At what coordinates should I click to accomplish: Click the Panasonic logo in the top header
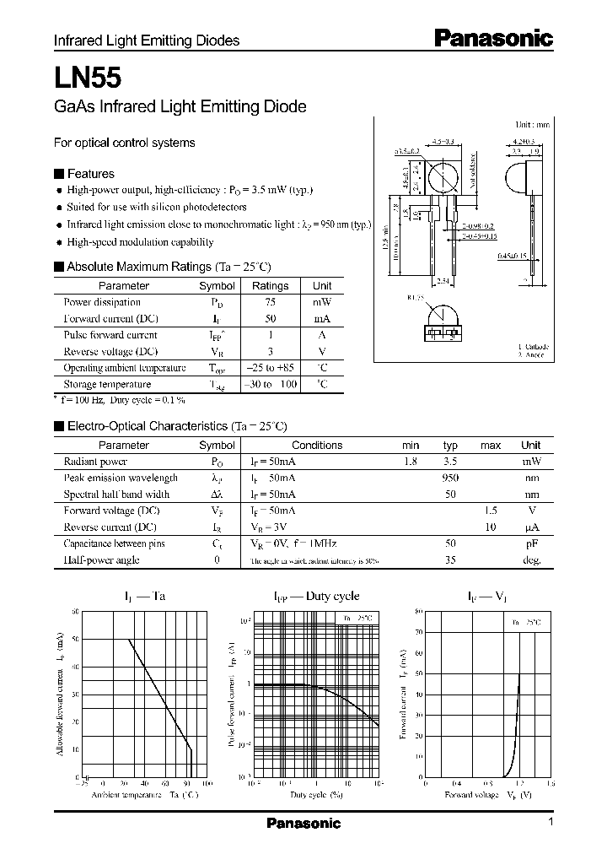click(x=493, y=38)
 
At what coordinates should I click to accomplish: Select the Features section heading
click(x=90, y=174)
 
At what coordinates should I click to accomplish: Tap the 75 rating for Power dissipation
click(x=270, y=302)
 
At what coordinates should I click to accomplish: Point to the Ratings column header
click(x=270, y=286)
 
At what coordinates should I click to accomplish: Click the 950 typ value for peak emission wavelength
click(x=450, y=478)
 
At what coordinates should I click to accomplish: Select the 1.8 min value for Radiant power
click(x=411, y=462)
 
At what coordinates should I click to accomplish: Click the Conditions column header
click(x=317, y=446)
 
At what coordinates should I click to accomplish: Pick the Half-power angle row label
click(x=101, y=560)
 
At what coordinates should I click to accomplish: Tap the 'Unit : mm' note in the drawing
click(x=532, y=124)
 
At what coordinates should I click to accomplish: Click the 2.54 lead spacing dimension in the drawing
click(x=443, y=281)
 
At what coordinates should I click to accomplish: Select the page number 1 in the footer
click(x=551, y=822)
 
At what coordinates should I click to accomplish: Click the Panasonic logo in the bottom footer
click(x=303, y=824)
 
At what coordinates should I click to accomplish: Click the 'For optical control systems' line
click(x=125, y=143)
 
